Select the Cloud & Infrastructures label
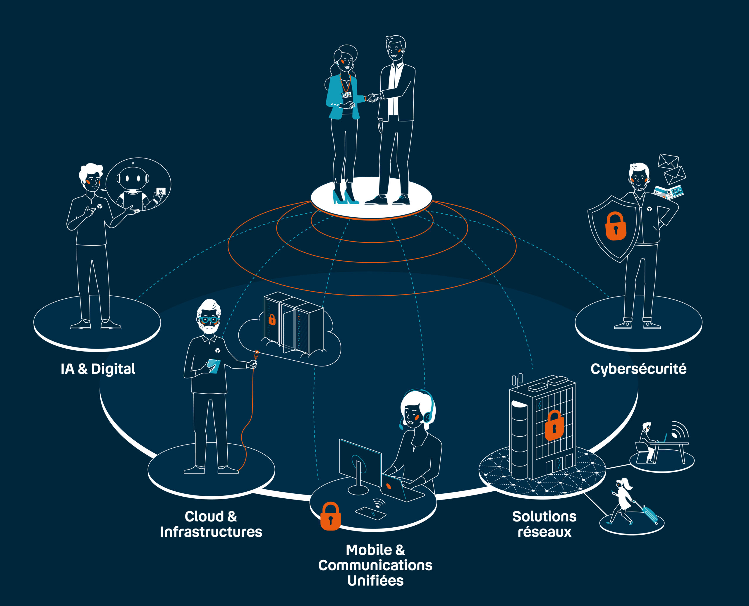click(x=211, y=524)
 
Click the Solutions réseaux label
click(x=544, y=524)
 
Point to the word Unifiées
click(x=375, y=581)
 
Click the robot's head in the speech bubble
click(x=133, y=178)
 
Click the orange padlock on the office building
click(x=554, y=425)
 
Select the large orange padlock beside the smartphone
click(x=330, y=516)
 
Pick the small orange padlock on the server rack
click(x=272, y=319)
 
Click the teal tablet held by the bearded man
click(x=213, y=366)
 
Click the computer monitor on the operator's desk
click(x=360, y=463)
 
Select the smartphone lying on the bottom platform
click(x=370, y=514)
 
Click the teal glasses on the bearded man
click(x=209, y=319)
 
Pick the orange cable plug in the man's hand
click(x=256, y=356)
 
